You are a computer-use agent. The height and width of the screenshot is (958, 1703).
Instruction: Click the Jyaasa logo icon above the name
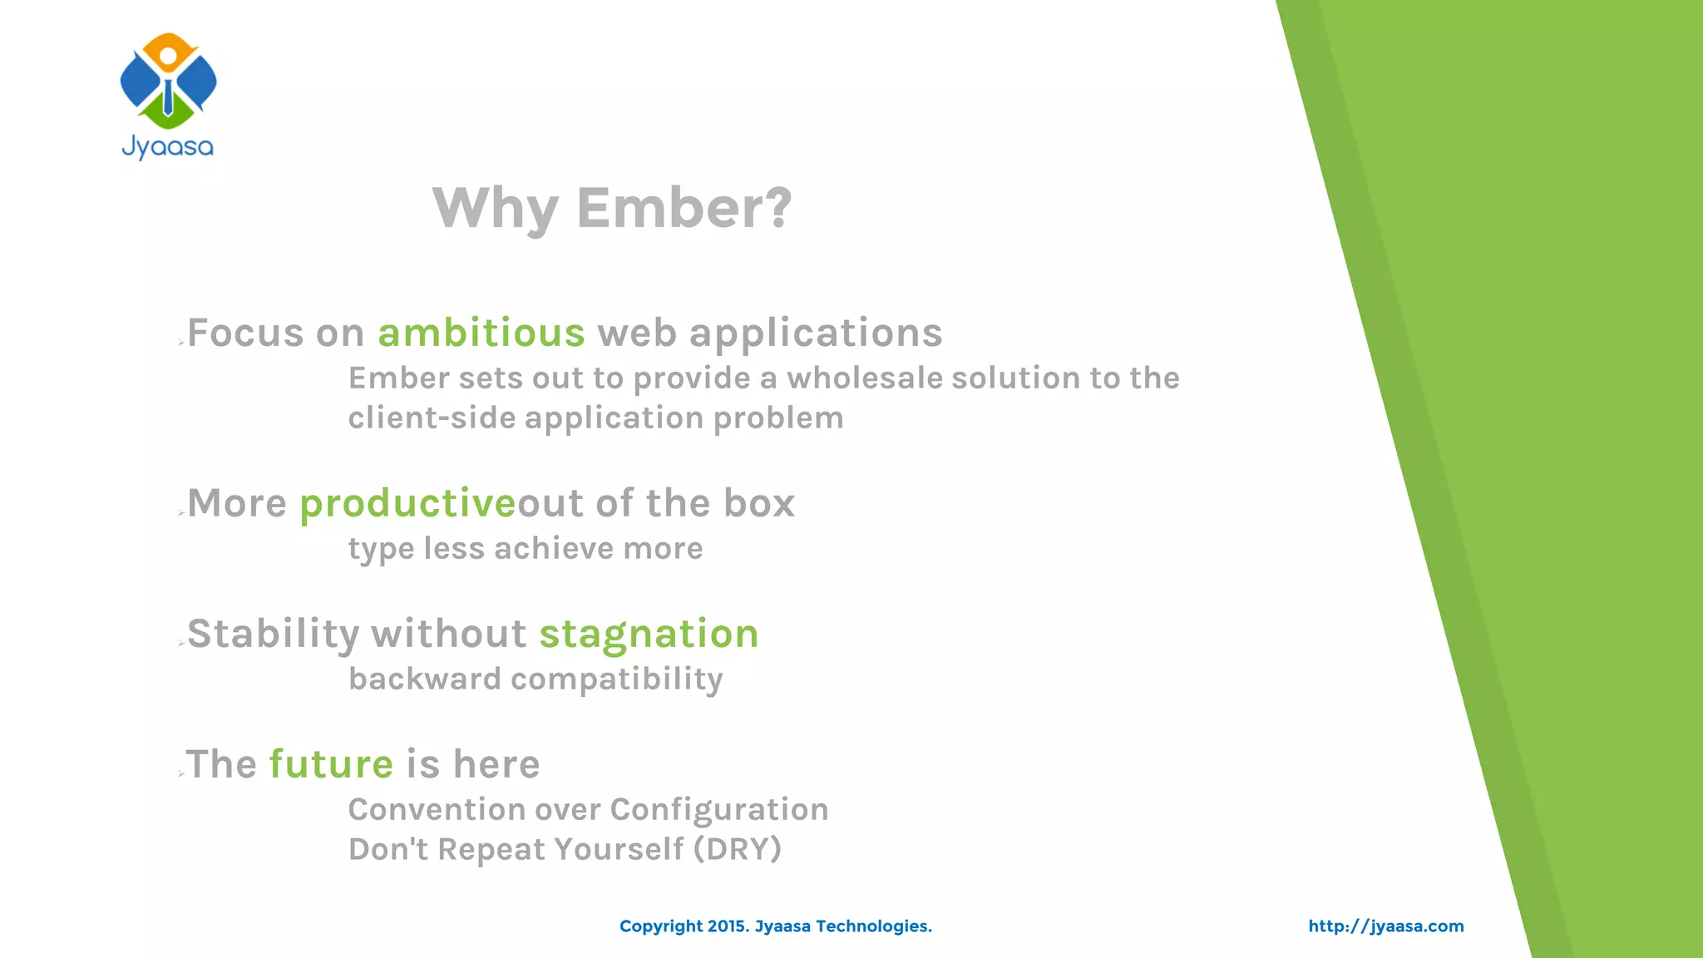pos(168,81)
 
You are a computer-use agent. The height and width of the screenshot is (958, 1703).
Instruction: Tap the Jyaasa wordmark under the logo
pos(168,148)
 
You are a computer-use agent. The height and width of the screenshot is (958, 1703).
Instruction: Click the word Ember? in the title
pos(684,208)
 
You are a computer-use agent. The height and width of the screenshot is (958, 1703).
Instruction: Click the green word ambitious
pos(481,333)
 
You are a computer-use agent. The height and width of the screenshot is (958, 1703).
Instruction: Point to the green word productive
pos(407,504)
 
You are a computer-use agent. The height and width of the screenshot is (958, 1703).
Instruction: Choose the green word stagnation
pos(649,635)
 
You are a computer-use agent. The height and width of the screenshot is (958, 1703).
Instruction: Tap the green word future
pos(331,764)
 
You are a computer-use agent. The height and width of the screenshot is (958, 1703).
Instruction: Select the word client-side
pos(432,418)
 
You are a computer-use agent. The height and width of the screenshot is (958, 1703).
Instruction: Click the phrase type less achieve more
pos(525,549)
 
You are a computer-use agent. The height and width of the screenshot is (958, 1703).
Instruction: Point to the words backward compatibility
pos(536,679)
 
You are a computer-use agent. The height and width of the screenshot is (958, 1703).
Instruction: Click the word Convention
pos(436,810)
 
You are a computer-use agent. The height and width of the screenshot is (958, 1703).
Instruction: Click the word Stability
pos(274,635)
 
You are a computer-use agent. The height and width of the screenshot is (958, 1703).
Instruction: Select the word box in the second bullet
pos(758,504)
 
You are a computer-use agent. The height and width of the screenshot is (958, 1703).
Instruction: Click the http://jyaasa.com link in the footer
pos(1385,926)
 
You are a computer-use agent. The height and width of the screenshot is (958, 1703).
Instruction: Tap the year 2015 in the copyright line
pos(728,926)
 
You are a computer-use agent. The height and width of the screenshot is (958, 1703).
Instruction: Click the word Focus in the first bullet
pos(245,333)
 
